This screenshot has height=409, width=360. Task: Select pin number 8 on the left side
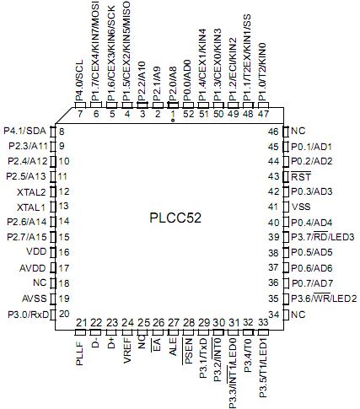[62, 131]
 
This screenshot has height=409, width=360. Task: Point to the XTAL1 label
[32, 207]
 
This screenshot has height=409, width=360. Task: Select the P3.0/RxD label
[26, 314]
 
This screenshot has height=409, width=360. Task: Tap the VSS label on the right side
[301, 207]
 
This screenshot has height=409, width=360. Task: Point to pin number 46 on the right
[274, 131]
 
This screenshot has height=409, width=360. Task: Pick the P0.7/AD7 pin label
[312, 283]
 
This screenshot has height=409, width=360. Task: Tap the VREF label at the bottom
[127, 352]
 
